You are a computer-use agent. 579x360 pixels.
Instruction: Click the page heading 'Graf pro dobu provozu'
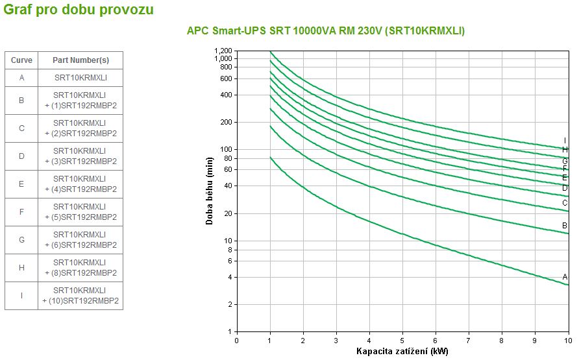coord(79,10)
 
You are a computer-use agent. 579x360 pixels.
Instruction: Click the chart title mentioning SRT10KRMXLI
coord(326,30)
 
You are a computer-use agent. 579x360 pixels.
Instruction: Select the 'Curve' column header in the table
coord(21,60)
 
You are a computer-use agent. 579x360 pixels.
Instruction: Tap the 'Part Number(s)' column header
coord(80,60)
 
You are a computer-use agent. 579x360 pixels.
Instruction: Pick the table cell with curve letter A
coord(21,78)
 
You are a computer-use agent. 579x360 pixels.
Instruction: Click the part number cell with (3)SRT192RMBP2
coord(80,156)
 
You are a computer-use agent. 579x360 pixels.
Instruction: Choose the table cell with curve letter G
coord(21,240)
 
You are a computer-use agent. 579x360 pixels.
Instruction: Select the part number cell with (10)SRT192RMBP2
coord(80,296)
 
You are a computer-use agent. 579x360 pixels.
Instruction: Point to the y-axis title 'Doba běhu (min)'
coord(210,192)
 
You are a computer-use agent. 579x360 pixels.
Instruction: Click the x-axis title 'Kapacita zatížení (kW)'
coord(402,352)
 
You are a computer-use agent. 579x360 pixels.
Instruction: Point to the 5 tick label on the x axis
coord(402,340)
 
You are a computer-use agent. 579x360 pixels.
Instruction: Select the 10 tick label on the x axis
coord(567,340)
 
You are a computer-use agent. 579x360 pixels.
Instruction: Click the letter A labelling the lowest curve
coord(565,277)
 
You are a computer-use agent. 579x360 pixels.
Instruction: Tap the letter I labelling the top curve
coord(565,140)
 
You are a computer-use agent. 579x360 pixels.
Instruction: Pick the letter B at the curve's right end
coord(565,226)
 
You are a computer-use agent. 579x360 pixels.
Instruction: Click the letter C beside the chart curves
coord(565,203)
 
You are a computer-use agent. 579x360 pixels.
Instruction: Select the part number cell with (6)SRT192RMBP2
coord(80,240)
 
